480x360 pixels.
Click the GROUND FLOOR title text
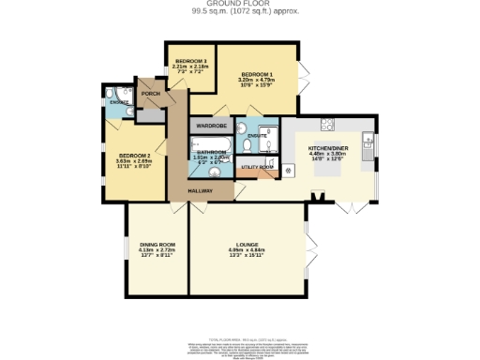click(x=238, y=3)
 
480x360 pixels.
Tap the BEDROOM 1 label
click(x=257, y=74)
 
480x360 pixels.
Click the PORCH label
click(x=150, y=94)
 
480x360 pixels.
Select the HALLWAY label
click(x=199, y=191)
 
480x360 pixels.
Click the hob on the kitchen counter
click(x=328, y=125)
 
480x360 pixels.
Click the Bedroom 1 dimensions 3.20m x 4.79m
click(x=257, y=81)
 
